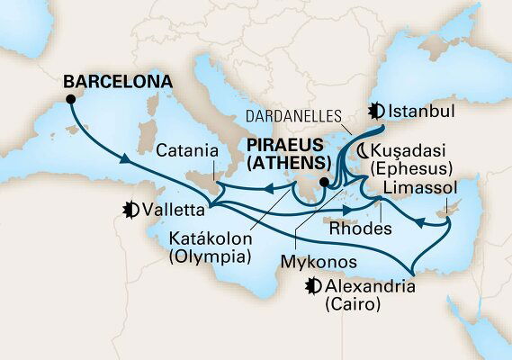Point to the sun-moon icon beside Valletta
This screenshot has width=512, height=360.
(131, 211)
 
